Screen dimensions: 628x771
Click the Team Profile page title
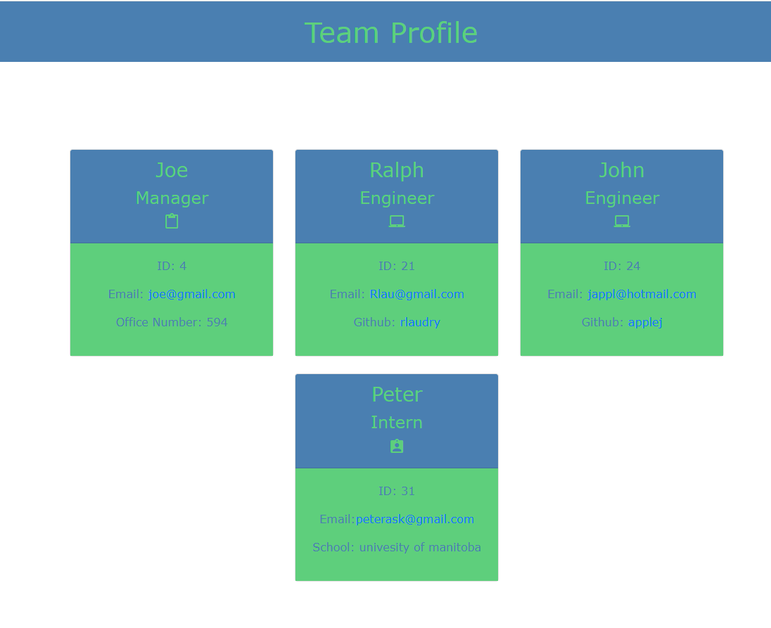[390, 33]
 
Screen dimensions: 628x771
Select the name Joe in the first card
[172, 170]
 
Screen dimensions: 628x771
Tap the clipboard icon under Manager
[172, 222]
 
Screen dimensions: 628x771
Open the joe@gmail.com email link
[191, 294]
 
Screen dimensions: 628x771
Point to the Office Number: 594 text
[172, 322]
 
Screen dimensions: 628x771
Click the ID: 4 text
[172, 266]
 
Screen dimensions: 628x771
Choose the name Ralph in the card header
[397, 170]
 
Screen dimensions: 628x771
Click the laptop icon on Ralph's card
[397, 222]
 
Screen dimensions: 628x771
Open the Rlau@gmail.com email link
[416, 294]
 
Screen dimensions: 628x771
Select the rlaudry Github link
[420, 322]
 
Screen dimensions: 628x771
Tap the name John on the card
[622, 170]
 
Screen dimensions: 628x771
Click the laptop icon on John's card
[622, 222]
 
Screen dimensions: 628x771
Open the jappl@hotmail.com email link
[642, 294]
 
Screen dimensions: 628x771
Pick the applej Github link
[645, 322]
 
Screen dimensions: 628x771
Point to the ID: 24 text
[622, 266]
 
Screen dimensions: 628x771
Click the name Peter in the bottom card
[397, 395]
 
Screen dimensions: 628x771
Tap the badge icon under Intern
[397, 447]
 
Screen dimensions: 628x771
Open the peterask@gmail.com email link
[414, 519]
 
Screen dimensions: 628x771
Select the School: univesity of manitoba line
[397, 547]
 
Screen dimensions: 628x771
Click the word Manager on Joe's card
[172, 198]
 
